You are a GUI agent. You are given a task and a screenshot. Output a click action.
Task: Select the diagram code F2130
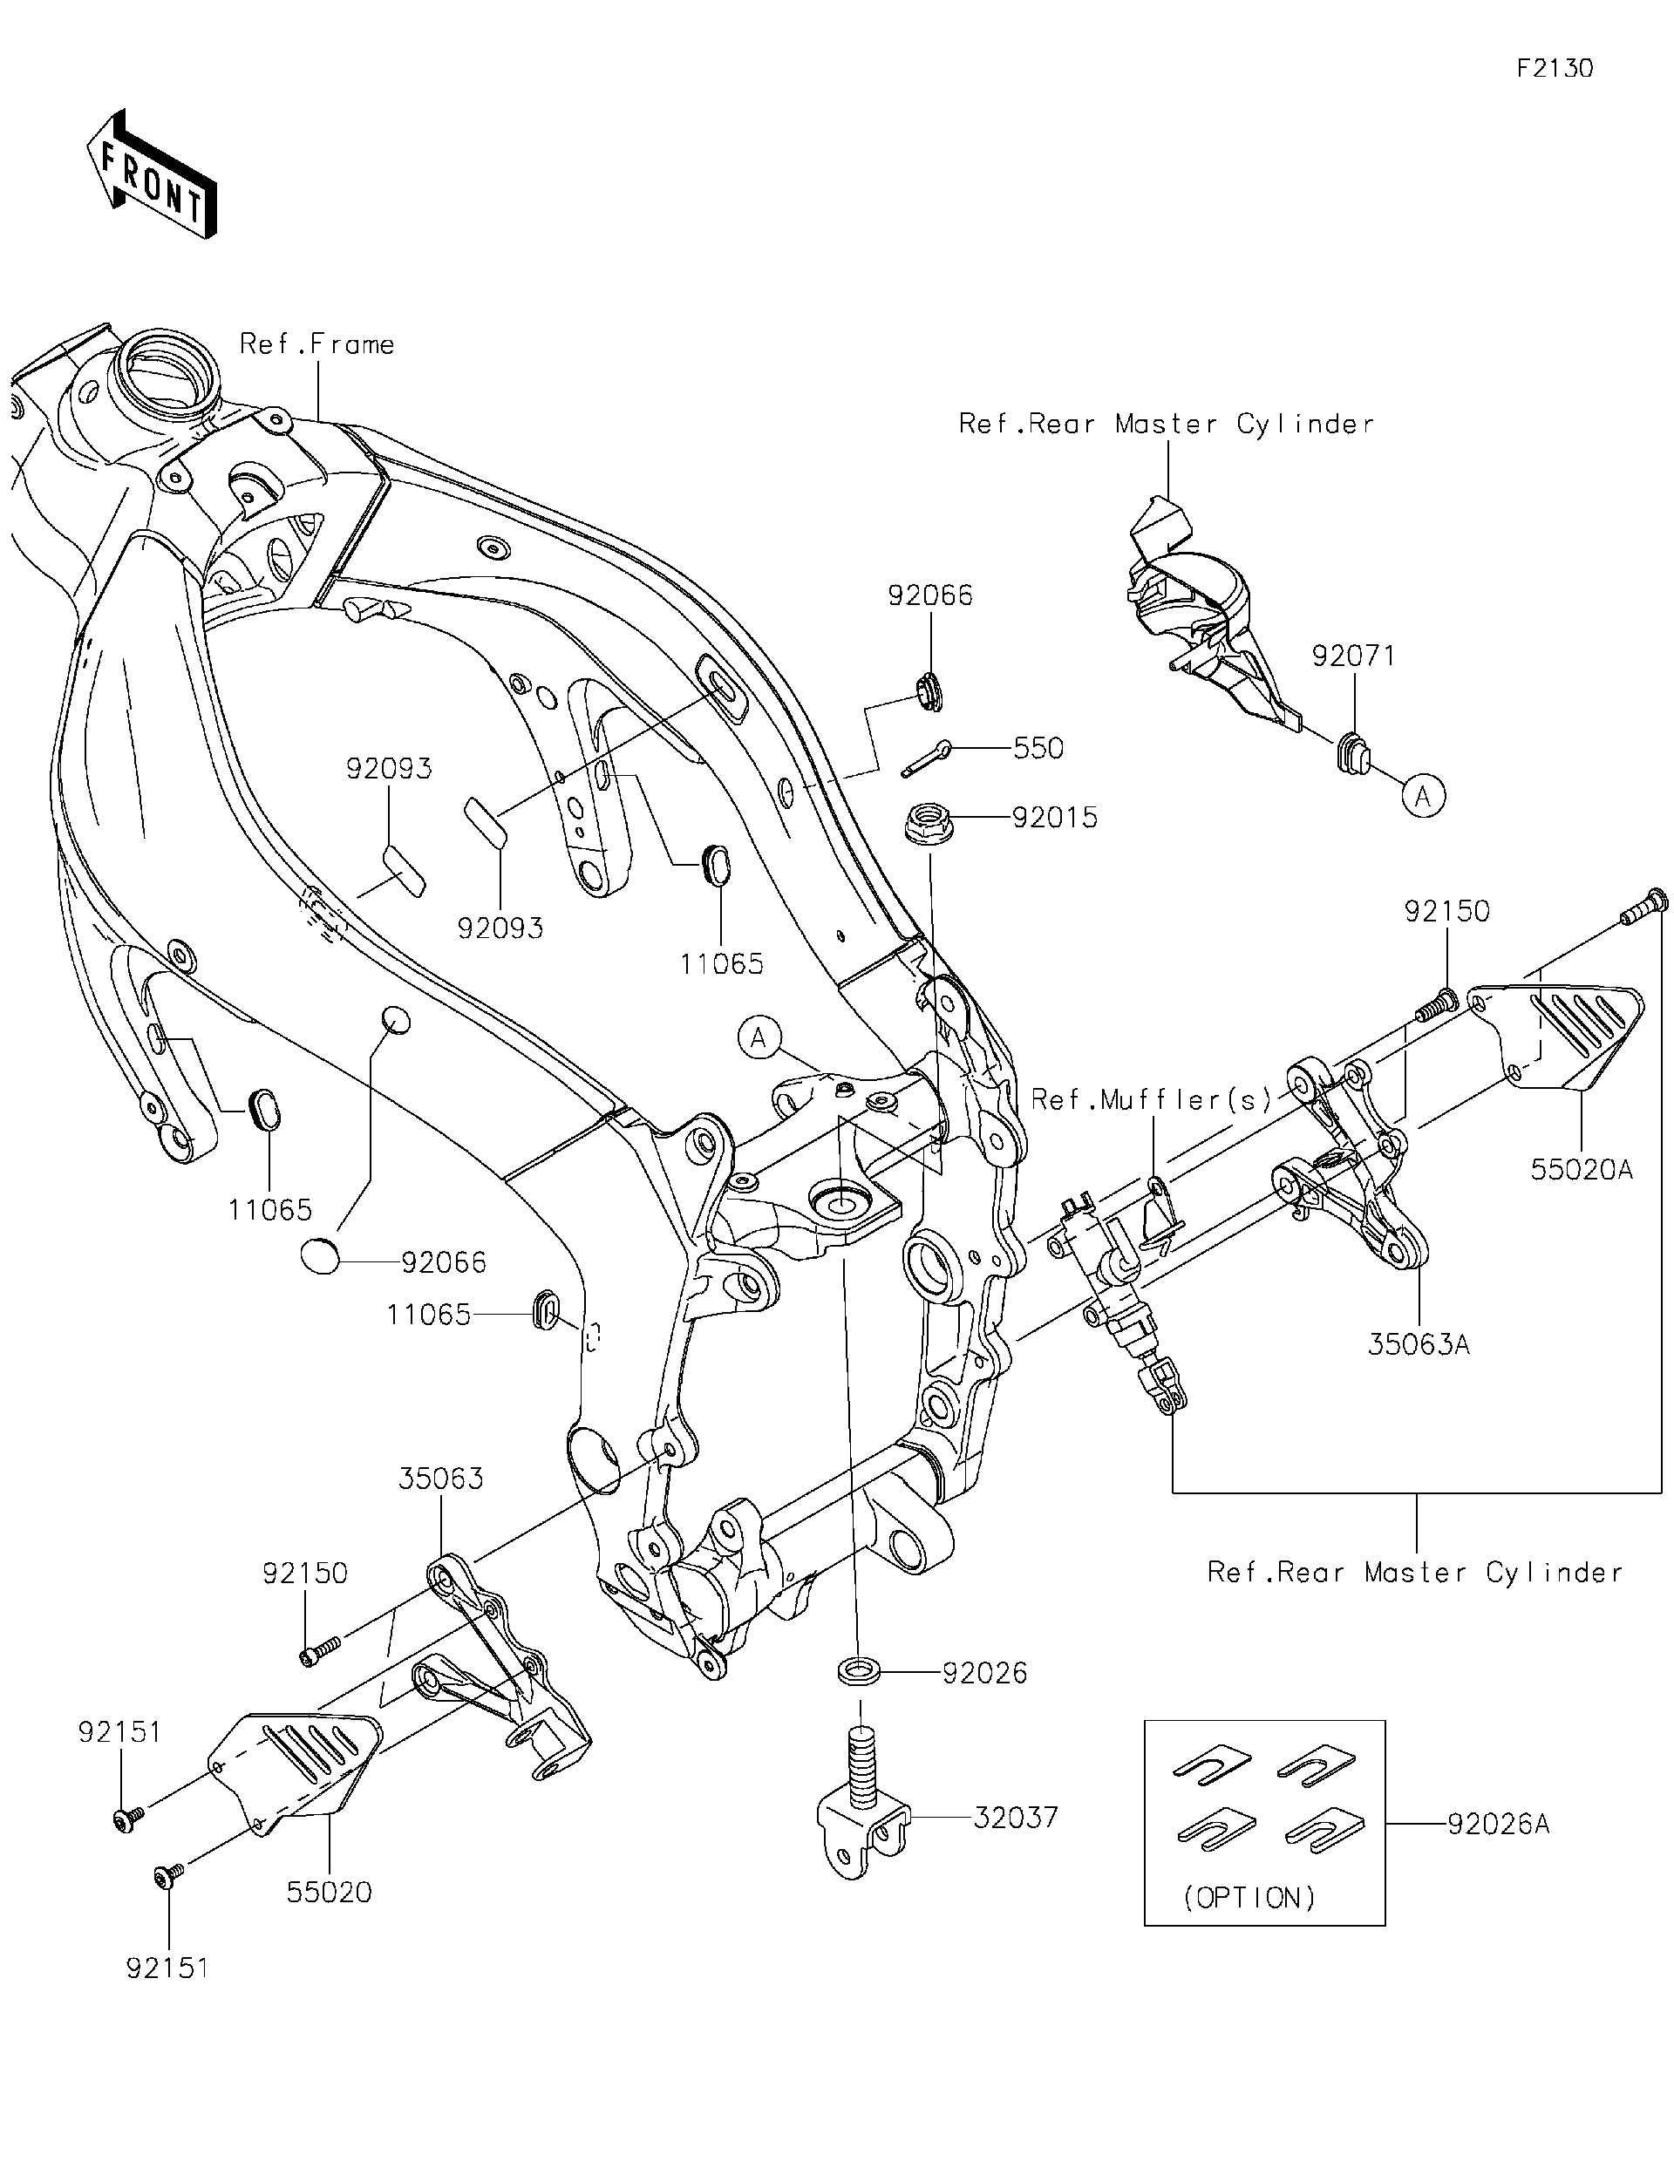point(1555,68)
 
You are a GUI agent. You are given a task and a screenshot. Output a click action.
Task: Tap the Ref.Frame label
point(316,344)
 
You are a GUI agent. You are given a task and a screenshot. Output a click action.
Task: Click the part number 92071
point(1353,656)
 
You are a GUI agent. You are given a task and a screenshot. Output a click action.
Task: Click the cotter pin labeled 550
point(927,760)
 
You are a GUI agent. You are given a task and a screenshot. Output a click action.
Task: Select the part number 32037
point(1016,1818)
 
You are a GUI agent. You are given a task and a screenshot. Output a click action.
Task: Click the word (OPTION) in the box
point(1249,1898)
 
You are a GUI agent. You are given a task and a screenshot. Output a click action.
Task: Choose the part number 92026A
point(1498,1824)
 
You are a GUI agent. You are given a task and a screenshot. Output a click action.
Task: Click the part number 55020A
point(1581,1169)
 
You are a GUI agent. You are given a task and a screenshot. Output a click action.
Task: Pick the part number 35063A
point(1419,1344)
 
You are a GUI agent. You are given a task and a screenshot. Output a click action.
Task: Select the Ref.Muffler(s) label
point(1150,1100)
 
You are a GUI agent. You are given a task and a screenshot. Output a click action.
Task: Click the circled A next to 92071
point(1424,796)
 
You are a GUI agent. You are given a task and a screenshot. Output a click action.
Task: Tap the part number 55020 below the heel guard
point(329,1892)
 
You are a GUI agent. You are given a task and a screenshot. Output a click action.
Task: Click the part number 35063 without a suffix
point(440,1506)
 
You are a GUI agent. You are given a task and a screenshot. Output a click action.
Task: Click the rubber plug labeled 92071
point(1354,752)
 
